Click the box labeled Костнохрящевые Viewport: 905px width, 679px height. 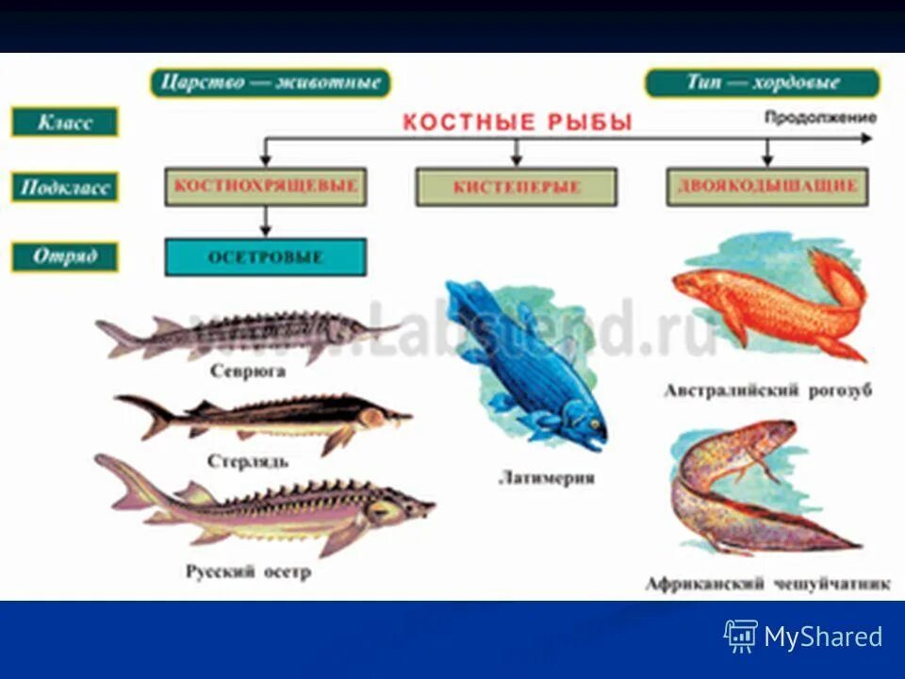pyautogui.click(x=265, y=187)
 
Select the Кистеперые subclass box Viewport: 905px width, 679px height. pyautogui.click(x=516, y=187)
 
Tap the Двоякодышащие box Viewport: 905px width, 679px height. pyautogui.click(x=767, y=187)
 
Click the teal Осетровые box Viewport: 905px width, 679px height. pyautogui.click(x=265, y=257)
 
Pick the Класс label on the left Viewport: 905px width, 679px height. pyautogui.click(x=64, y=122)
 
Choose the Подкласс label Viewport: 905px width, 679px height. pyautogui.click(x=64, y=187)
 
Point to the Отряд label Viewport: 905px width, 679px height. pyautogui.click(x=64, y=257)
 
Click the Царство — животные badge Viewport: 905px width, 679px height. pyautogui.click(x=271, y=83)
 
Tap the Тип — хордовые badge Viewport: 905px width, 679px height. pyautogui.click(x=762, y=83)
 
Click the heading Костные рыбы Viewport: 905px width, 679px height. pyautogui.click(x=518, y=122)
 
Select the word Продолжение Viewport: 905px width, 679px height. pyautogui.click(x=819, y=118)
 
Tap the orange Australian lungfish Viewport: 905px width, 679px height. pyautogui.click(x=768, y=304)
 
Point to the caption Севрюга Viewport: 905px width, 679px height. pyautogui.click(x=248, y=372)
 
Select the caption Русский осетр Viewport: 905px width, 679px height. pyautogui.click(x=248, y=572)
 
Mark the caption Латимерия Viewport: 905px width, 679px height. pyautogui.click(x=547, y=478)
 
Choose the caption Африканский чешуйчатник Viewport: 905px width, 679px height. pyautogui.click(x=767, y=584)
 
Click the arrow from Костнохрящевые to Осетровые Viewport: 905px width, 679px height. pyautogui.click(x=265, y=223)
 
